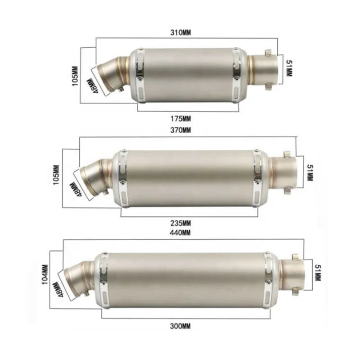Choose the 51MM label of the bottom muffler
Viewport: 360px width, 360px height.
(x=318, y=273)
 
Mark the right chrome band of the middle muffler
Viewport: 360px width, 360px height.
(x=257, y=179)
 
